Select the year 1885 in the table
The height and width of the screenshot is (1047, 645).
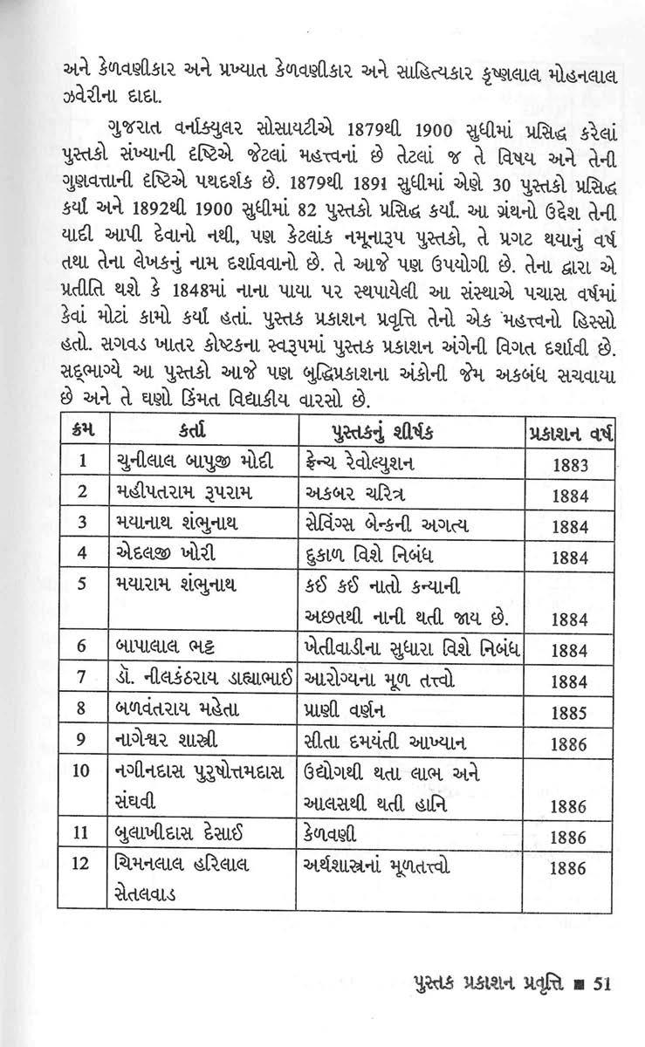point(572,712)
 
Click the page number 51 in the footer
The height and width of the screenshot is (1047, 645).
point(601,983)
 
